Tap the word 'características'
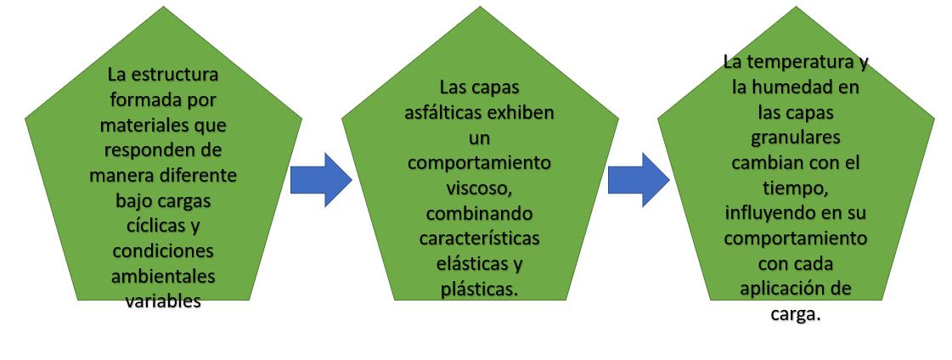click(x=478, y=237)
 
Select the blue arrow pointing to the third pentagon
click(x=639, y=180)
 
